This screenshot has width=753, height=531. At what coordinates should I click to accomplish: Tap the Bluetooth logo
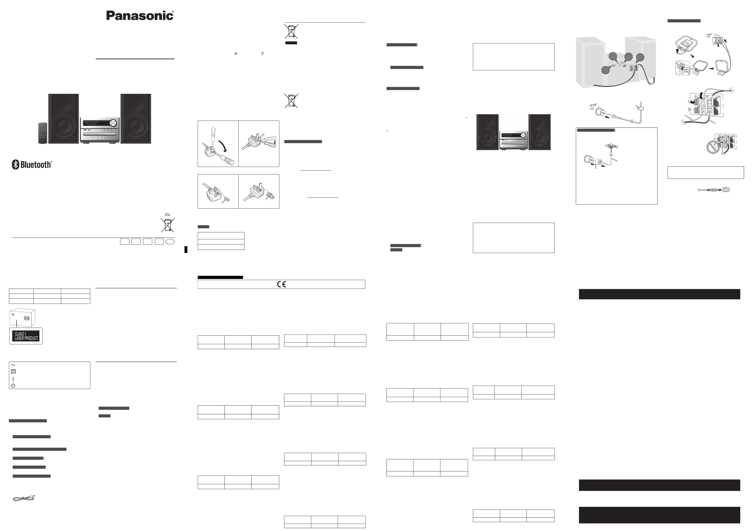(32, 164)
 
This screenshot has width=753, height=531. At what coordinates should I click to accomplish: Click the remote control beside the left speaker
(43, 133)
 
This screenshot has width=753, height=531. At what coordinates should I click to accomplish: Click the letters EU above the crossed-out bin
(168, 215)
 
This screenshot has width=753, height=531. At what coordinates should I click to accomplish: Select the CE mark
(281, 284)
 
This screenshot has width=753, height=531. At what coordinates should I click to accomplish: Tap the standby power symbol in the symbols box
(13, 385)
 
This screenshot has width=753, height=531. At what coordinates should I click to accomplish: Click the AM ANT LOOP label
(710, 35)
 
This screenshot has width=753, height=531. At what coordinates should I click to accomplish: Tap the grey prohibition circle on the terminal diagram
(713, 147)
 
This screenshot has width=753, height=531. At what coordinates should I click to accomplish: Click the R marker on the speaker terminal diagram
(690, 109)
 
